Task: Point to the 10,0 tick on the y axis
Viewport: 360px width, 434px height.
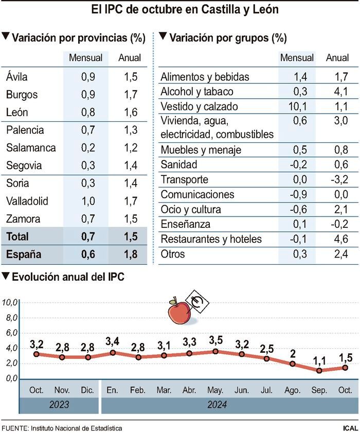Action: click(x=11, y=302)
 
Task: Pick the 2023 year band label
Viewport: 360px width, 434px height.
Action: click(x=59, y=405)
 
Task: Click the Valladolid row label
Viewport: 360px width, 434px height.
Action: click(x=27, y=201)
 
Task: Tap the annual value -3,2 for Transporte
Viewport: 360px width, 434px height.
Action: click(x=338, y=179)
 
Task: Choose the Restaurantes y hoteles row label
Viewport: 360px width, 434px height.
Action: click(x=211, y=239)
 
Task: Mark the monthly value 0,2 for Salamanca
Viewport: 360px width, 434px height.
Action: click(x=88, y=148)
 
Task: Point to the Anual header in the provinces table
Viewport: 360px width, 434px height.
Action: click(x=130, y=58)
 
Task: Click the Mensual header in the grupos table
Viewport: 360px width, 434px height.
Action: click(x=297, y=58)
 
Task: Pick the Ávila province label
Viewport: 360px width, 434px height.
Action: click(x=17, y=77)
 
